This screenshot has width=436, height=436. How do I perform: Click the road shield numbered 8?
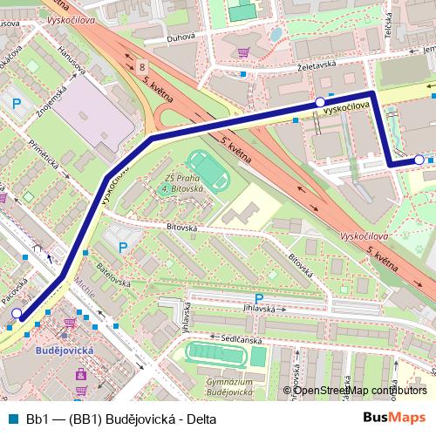[x=141, y=65]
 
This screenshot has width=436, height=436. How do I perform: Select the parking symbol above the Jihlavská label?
[x=258, y=298]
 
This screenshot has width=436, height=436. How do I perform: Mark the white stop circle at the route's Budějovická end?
[x=17, y=312]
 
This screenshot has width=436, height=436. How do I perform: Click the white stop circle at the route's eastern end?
[x=419, y=160]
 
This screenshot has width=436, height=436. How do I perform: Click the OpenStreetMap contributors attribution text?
[x=361, y=390]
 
